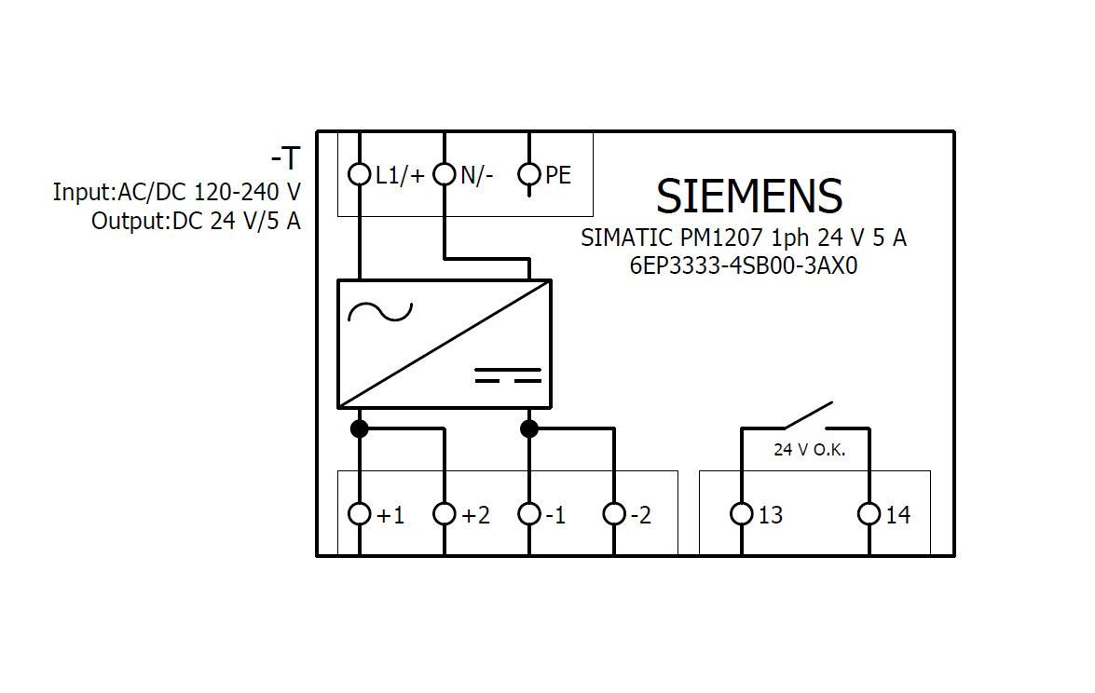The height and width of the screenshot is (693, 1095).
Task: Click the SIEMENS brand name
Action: pyautogui.click(x=749, y=197)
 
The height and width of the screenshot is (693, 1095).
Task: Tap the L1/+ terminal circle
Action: pyautogui.click(x=360, y=174)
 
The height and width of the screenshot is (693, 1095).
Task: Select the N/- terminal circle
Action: pyautogui.click(x=445, y=174)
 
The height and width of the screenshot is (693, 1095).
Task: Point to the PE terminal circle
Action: pyautogui.click(x=529, y=174)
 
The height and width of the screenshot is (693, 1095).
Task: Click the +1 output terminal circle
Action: pyautogui.click(x=360, y=514)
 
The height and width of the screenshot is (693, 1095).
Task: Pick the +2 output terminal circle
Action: pyautogui.click(x=445, y=514)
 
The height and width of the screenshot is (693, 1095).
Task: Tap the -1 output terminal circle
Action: pyautogui.click(x=529, y=514)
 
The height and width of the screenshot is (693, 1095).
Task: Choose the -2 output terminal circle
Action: pyautogui.click(x=614, y=514)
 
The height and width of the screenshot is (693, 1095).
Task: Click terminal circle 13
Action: pyautogui.click(x=742, y=514)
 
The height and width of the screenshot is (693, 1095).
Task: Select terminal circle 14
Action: pyautogui.click(x=869, y=514)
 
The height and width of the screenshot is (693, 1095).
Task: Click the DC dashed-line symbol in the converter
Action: pyautogui.click(x=508, y=375)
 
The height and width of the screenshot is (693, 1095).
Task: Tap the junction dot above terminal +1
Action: pyautogui.click(x=360, y=428)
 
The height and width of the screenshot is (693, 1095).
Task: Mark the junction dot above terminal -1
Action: pyautogui.click(x=529, y=428)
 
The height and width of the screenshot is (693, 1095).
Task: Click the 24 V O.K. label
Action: pyautogui.click(x=809, y=450)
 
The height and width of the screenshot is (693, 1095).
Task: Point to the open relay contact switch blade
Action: pyautogui.click(x=807, y=415)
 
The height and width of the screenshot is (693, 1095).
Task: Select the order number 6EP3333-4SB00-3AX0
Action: pyautogui.click(x=743, y=265)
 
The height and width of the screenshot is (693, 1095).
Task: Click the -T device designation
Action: pyautogui.click(x=285, y=158)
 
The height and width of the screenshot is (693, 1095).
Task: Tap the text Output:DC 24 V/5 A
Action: pyautogui.click(x=196, y=222)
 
